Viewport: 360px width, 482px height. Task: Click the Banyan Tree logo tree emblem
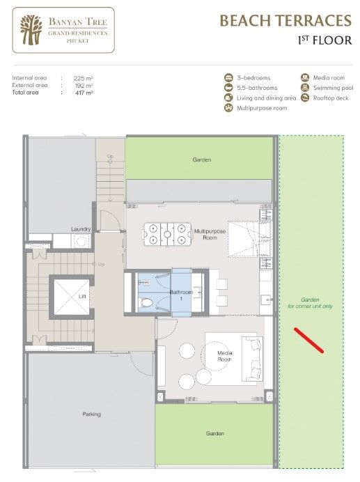[31, 30]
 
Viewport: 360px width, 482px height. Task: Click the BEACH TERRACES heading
[285, 21]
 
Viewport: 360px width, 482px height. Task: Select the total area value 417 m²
[84, 93]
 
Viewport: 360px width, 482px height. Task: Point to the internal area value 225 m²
[84, 78]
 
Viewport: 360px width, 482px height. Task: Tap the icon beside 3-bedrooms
[228, 78]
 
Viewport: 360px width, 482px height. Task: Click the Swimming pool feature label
[334, 88]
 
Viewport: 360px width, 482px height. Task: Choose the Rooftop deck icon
[305, 98]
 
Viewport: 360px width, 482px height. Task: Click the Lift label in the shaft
[82, 296]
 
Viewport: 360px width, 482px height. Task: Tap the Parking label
[92, 414]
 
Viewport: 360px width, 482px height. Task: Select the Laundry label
[81, 229]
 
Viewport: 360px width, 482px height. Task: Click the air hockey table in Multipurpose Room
[166, 234]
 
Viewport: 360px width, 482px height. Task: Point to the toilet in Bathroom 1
[146, 303]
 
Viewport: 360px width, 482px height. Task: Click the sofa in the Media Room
[253, 359]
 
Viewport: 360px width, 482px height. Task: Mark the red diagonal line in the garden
[308, 341]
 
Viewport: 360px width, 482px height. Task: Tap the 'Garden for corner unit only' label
[310, 303]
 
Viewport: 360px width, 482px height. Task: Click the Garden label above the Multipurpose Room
[202, 160]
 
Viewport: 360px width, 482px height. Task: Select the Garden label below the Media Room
[215, 433]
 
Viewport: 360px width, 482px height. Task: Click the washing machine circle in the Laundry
[81, 241]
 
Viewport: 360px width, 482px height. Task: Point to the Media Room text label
[225, 356]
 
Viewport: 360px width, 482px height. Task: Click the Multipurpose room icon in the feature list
[228, 108]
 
